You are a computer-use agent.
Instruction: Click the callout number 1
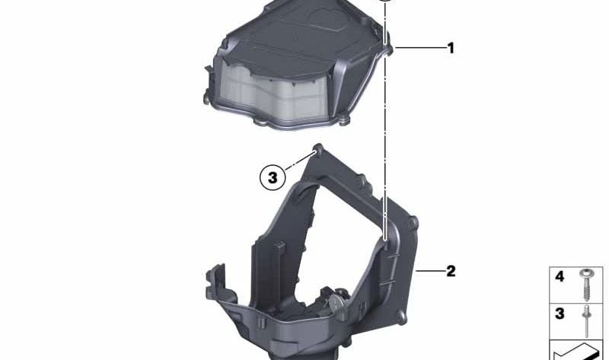451,48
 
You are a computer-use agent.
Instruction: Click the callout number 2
451,271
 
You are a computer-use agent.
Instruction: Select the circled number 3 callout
273,177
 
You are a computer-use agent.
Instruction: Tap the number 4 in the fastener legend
560,276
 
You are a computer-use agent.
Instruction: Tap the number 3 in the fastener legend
560,314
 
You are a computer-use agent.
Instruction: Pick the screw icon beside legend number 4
586,284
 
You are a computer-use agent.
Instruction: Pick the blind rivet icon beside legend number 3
585,321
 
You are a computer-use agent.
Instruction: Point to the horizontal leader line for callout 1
420,48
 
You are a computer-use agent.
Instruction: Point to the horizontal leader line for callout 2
430,271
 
